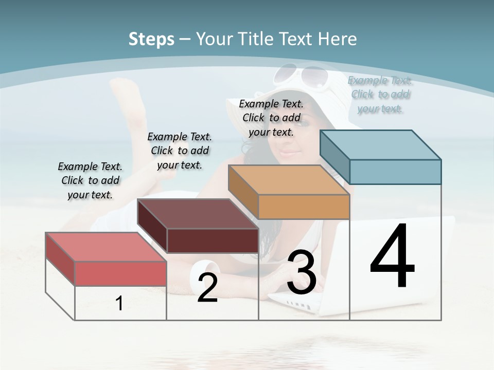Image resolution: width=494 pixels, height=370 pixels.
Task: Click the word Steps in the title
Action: [x=151, y=39]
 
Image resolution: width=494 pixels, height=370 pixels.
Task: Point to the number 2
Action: [x=207, y=288]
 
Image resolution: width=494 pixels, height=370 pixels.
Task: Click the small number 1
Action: [x=119, y=303]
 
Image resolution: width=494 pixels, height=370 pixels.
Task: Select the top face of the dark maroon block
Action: [x=198, y=213]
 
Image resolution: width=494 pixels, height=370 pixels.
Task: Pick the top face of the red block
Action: [x=106, y=247]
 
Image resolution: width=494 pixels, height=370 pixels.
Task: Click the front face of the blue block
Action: [x=395, y=172]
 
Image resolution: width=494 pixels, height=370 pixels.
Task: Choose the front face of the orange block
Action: [x=304, y=207]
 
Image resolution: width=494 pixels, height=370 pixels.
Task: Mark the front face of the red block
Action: [x=120, y=273]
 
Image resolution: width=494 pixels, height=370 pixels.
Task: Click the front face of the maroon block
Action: [x=213, y=240]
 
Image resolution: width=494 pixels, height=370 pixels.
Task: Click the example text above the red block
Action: [x=90, y=180]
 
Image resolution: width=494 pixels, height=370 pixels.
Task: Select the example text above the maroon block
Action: [x=180, y=151]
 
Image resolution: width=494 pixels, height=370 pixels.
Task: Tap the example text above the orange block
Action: [x=271, y=118]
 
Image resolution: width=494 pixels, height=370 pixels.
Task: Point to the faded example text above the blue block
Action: [x=380, y=95]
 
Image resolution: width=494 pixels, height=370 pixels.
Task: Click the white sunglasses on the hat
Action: [x=301, y=76]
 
